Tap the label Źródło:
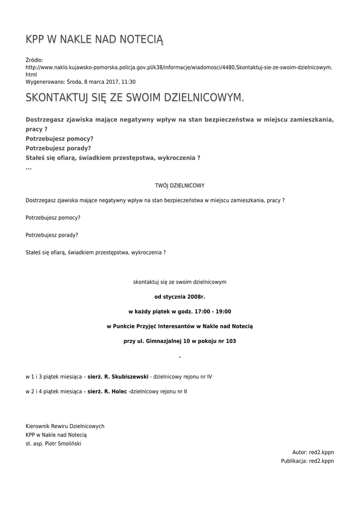click(35, 60)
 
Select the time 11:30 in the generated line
click(129, 82)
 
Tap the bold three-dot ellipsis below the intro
click(28, 168)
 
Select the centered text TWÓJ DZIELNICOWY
click(180, 186)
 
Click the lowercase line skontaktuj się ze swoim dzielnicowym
click(180, 282)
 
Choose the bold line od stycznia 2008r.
click(180, 297)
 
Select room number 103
click(230, 341)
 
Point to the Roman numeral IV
click(209, 377)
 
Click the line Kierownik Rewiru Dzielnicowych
click(65, 426)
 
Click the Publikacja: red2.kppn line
click(307, 461)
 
